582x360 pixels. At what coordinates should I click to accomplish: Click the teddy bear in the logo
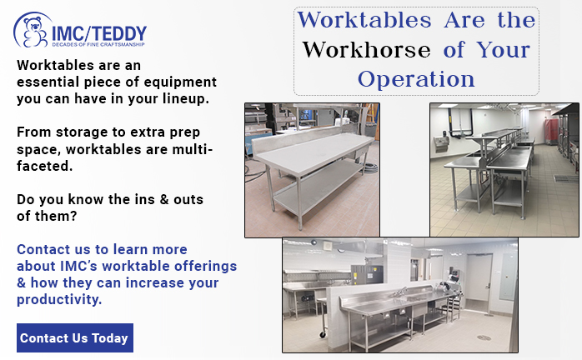[35, 32]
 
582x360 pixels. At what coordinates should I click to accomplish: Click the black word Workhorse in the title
[366, 50]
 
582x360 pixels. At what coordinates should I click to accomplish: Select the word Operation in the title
[416, 79]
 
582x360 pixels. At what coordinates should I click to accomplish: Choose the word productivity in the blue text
[59, 299]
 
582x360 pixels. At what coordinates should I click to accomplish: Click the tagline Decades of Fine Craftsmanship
[98, 44]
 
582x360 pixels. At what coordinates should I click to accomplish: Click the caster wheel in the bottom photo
[323, 334]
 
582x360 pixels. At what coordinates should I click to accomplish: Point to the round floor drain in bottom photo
[484, 337]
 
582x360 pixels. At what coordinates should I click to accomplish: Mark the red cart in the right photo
[550, 132]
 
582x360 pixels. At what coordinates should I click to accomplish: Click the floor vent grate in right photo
[566, 179]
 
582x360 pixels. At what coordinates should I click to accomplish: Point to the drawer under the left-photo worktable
[360, 152]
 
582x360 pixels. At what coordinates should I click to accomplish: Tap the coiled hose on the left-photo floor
[370, 168]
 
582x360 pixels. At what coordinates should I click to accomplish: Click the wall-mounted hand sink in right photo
[441, 143]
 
